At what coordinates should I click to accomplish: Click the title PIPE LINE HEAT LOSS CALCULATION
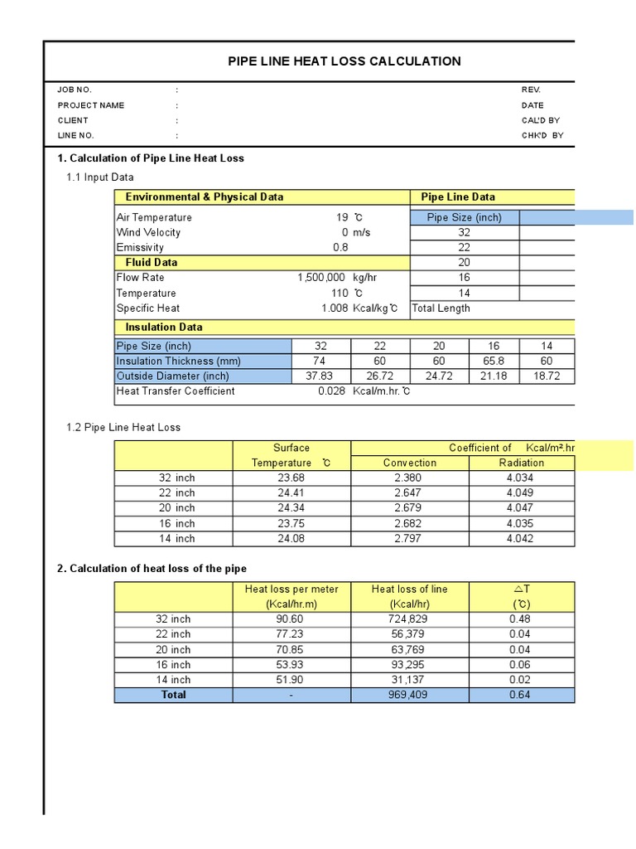pyautogui.click(x=344, y=61)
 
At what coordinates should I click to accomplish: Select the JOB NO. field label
pyautogui.click(x=75, y=90)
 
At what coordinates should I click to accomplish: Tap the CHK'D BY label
pyautogui.click(x=542, y=135)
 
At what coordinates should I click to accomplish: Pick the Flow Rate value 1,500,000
pyautogui.click(x=320, y=278)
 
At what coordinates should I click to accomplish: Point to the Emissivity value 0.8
pyautogui.click(x=340, y=247)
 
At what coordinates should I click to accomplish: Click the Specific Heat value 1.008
pyautogui.click(x=335, y=308)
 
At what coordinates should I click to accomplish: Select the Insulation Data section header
pyautogui.click(x=164, y=327)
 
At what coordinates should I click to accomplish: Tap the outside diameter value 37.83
pyautogui.click(x=320, y=376)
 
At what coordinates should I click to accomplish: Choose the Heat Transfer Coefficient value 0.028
pyautogui.click(x=331, y=391)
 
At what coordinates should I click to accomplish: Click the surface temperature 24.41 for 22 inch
pyautogui.click(x=291, y=492)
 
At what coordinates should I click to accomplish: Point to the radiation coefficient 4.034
pyautogui.click(x=522, y=478)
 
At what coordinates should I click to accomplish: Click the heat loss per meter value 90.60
pyautogui.click(x=291, y=619)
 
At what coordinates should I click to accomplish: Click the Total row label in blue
pyautogui.click(x=174, y=695)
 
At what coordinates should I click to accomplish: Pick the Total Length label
pyautogui.click(x=441, y=308)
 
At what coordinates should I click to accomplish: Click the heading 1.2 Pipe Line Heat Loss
pyautogui.click(x=123, y=427)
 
